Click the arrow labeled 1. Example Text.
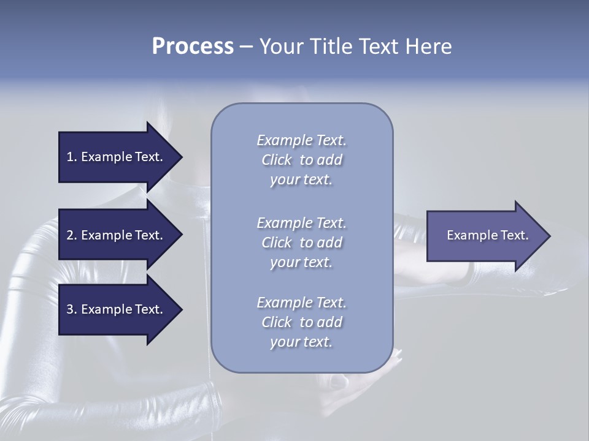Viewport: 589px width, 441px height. [x=117, y=157]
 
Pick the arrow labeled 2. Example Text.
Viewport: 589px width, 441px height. [x=117, y=235]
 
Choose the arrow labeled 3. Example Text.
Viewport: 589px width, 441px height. [x=117, y=309]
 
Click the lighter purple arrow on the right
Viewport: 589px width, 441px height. [x=485, y=236]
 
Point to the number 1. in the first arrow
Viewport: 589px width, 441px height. [x=72, y=157]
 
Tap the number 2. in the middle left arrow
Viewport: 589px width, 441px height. [x=72, y=235]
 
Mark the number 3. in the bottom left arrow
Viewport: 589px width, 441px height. [x=72, y=309]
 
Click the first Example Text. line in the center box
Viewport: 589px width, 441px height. [x=301, y=140]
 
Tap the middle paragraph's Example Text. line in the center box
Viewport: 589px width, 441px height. [x=301, y=223]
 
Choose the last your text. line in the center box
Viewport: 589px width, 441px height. [x=301, y=342]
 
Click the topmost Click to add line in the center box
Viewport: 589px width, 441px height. [x=301, y=160]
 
